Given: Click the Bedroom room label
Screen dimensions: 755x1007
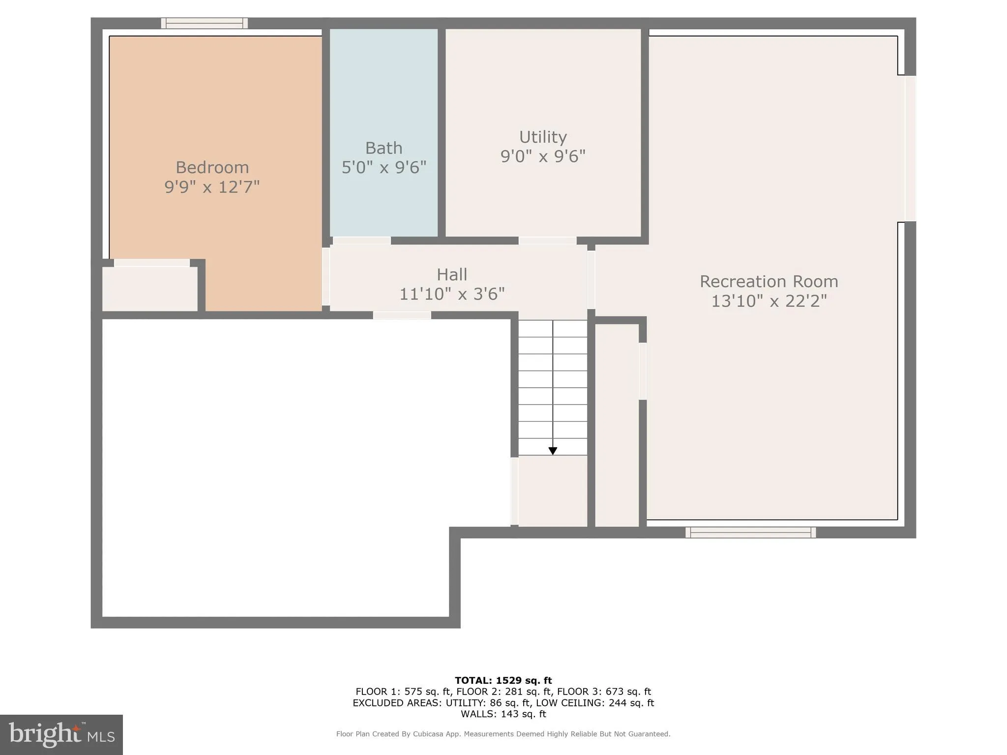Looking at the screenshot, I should click(x=212, y=168).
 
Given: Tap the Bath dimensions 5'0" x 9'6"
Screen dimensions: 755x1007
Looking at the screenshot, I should click(x=384, y=168).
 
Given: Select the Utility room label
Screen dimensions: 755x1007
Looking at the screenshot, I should click(x=543, y=137).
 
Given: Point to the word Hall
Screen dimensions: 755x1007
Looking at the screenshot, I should click(x=452, y=274).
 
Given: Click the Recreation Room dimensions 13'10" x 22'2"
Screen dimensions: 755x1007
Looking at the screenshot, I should click(x=769, y=301).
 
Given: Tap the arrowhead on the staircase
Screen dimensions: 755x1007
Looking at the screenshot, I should click(x=553, y=451).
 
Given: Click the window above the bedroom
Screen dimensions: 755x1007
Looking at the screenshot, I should click(x=204, y=23).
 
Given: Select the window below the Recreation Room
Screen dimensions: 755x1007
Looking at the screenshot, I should click(x=750, y=532).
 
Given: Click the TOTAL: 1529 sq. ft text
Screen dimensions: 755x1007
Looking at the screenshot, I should click(x=503, y=680).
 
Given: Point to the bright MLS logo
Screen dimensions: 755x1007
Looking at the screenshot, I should click(x=61, y=734).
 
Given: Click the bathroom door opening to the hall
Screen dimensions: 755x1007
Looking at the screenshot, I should click(x=362, y=241).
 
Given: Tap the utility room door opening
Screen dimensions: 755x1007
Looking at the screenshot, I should click(x=547, y=241).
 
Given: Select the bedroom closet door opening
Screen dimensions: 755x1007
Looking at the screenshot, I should click(x=152, y=263).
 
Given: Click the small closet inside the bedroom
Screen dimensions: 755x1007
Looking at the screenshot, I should click(x=149, y=289).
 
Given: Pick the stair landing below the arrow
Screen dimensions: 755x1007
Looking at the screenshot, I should click(x=553, y=491).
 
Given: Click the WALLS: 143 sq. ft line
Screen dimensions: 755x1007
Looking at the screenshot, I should click(x=503, y=714).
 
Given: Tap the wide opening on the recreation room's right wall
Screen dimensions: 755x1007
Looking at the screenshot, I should click(x=910, y=148).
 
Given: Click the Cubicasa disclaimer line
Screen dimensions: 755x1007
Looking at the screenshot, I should click(x=503, y=734).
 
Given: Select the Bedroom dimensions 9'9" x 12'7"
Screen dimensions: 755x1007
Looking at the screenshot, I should click(x=212, y=187).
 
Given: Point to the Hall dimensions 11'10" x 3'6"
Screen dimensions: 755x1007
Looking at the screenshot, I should click(x=452, y=294).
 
